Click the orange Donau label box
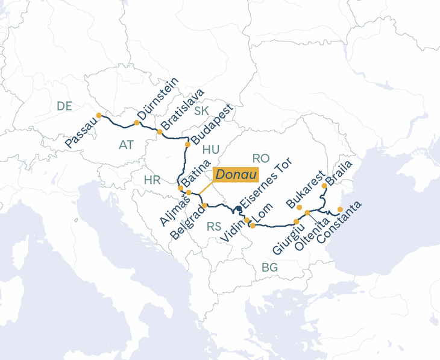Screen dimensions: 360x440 (x=236, y=174)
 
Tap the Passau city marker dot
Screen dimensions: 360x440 (x=99, y=115)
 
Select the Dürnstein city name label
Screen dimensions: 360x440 (x=158, y=98)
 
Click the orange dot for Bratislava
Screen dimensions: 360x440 (x=160, y=131)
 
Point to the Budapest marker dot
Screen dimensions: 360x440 (x=187, y=145)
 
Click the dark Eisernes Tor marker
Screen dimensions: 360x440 (x=239, y=209)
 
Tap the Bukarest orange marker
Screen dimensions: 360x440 (x=300, y=207)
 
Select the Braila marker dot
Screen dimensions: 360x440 (x=324, y=186)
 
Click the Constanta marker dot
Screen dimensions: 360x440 (x=340, y=210)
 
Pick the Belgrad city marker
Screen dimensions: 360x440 (x=205, y=206)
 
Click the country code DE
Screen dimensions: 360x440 (x=64, y=106)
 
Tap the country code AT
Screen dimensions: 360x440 (x=126, y=145)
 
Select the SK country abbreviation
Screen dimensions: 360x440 (x=201, y=110)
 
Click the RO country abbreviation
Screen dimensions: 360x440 (x=261, y=158)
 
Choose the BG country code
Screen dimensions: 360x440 (x=269, y=267)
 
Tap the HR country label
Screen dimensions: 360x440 (x=152, y=180)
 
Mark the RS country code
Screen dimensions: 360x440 (x=214, y=227)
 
